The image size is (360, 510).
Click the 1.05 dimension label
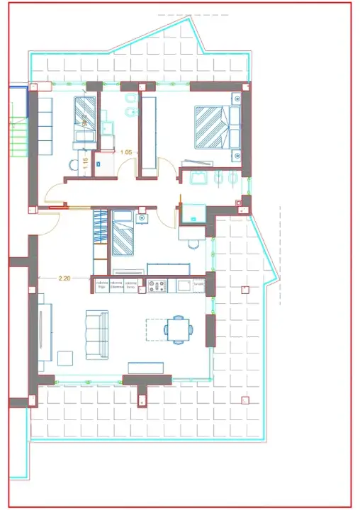(126, 152)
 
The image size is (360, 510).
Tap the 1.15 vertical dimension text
(86, 162)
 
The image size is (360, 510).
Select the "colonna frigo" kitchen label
(101, 285)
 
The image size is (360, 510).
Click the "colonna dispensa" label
(116, 285)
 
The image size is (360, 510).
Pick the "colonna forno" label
(131, 285)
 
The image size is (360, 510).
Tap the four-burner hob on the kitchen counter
(156, 285)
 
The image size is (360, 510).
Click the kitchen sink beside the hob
(182, 285)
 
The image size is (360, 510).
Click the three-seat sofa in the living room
(97, 334)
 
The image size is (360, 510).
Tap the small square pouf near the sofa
(65, 358)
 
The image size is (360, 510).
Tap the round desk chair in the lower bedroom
(193, 245)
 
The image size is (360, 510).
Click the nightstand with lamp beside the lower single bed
(143, 217)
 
